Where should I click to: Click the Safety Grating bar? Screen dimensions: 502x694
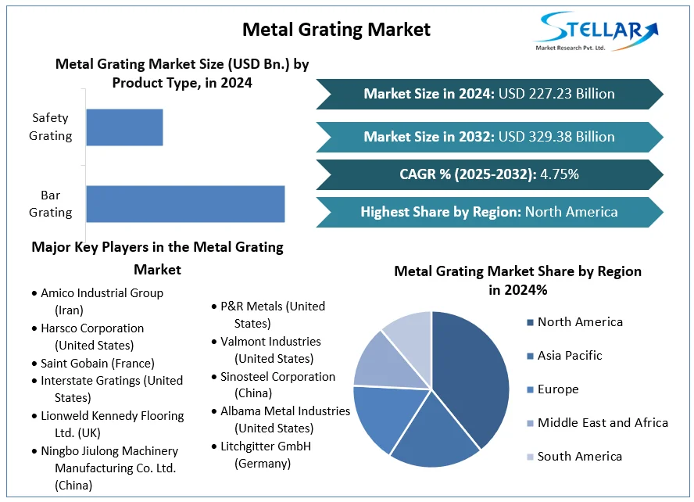[124, 127]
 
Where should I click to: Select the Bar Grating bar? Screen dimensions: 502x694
[185, 204]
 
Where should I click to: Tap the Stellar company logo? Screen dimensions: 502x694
[593, 32]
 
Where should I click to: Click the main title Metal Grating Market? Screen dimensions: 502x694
[336, 30]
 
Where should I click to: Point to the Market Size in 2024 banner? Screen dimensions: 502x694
[489, 94]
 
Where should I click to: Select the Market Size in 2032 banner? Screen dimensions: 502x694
[489, 137]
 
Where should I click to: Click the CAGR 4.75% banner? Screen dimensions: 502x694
[489, 174]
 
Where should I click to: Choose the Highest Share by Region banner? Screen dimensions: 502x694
[489, 212]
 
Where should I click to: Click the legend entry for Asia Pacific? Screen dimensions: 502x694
[570, 356]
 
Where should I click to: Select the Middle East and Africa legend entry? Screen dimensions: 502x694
[603, 423]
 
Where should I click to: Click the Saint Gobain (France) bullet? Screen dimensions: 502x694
[98, 364]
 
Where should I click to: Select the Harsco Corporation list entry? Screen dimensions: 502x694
[92, 336]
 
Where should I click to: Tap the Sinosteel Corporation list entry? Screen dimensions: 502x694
[277, 385]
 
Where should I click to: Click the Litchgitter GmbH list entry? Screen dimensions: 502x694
[266, 454]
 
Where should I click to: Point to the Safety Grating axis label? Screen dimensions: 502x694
[51, 127]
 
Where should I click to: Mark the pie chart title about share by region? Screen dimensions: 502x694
[517, 280]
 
